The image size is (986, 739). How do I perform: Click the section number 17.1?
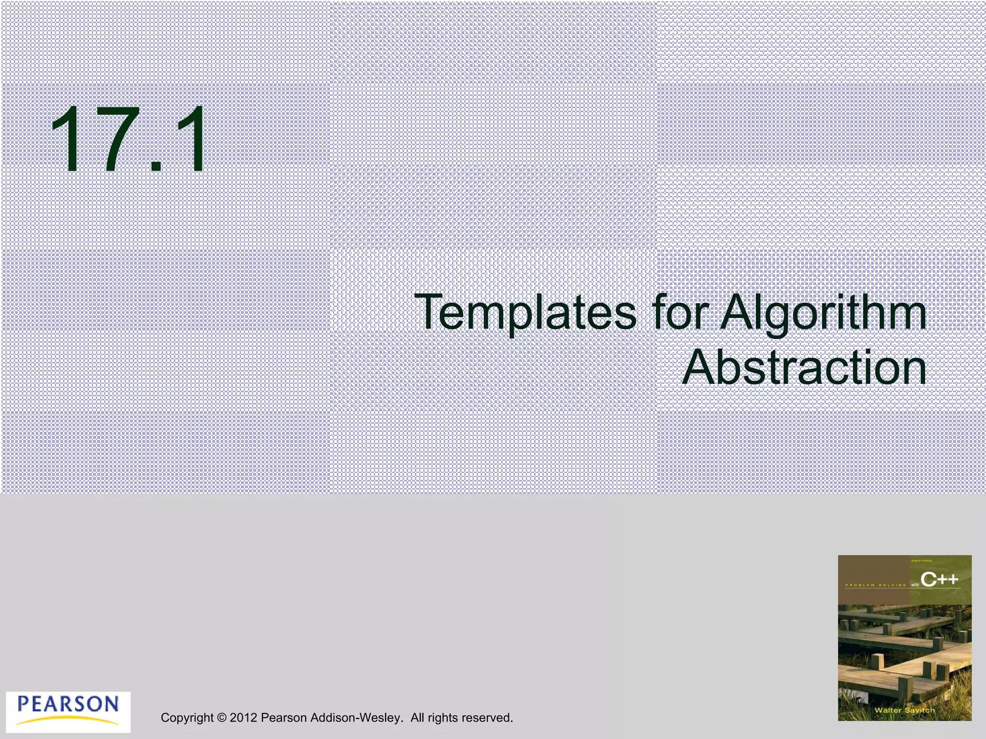click(129, 140)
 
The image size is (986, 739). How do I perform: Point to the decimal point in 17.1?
click(156, 166)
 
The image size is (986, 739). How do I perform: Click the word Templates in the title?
click(525, 313)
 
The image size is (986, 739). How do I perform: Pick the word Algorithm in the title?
click(823, 313)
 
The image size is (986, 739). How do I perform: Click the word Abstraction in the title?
click(804, 368)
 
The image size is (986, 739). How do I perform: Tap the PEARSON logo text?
click(68, 704)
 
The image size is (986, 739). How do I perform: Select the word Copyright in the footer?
click(187, 718)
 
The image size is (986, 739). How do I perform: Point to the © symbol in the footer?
click(221, 718)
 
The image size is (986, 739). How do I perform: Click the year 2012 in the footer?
click(243, 718)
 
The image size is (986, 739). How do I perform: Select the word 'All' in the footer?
click(417, 718)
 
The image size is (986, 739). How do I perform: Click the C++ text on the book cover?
click(939, 579)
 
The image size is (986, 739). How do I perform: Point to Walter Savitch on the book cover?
click(904, 710)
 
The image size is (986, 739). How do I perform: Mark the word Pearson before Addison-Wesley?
click(284, 718)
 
